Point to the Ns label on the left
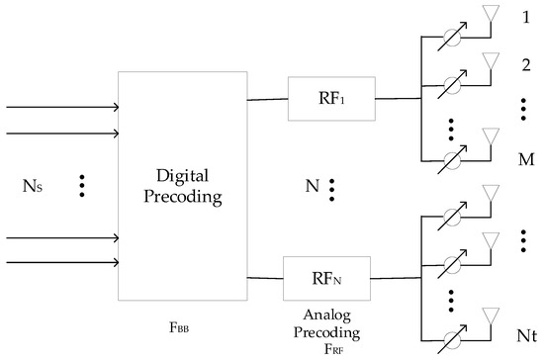[31, 186]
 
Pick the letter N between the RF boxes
[310, 187]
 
